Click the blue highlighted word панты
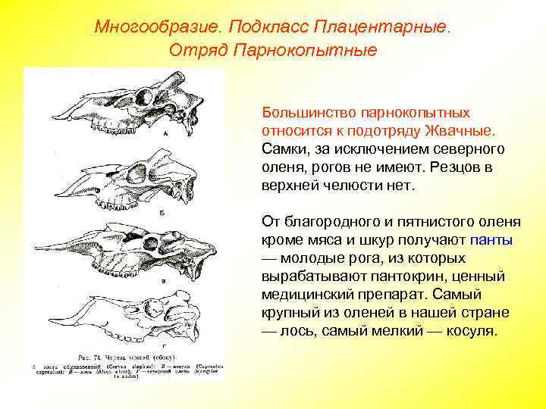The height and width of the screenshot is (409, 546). pyautogui.click(x=491, y=240)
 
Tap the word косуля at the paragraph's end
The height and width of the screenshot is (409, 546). pyautogui.click(x=471, y=331)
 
